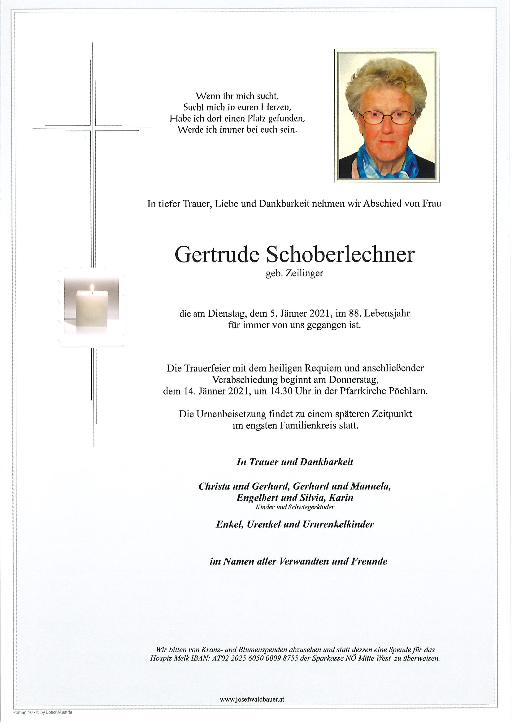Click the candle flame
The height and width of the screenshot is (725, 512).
92,288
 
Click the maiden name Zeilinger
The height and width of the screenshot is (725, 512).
304,274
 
